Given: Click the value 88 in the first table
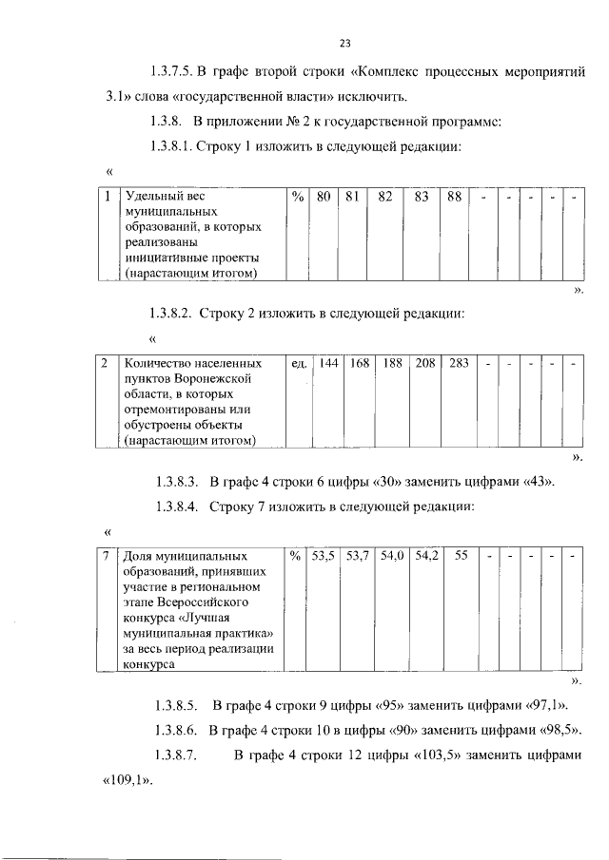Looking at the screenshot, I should click(454, 197).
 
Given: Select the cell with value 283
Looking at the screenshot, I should click(459, 363).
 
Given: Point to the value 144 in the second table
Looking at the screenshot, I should click(328, 363).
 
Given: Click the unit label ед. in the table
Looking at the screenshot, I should click(298, 363).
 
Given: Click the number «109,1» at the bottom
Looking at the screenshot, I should click(127, 781).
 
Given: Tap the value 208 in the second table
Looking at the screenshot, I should click(424, 363).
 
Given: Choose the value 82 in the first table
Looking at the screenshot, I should click(385, 197).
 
